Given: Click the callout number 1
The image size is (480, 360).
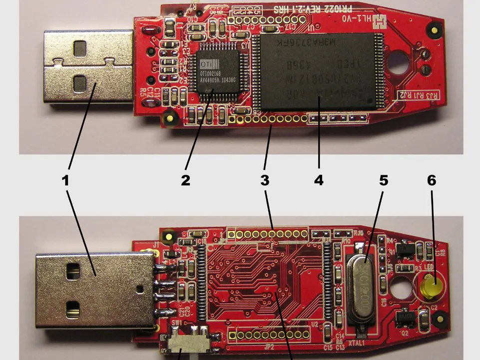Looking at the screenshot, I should click(65, 180).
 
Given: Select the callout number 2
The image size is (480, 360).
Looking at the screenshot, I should click(185, 180).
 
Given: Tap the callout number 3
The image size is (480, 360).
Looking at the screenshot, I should click(265, 180).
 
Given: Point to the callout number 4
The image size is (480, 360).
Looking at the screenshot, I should click(319, 180).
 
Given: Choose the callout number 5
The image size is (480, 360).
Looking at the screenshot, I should click(383, 180).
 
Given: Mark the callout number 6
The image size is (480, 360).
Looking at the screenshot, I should click(432, 180).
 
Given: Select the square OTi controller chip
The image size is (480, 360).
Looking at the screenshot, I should click(216, 75).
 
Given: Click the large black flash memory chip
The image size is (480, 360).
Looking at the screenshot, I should click(320, 71).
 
